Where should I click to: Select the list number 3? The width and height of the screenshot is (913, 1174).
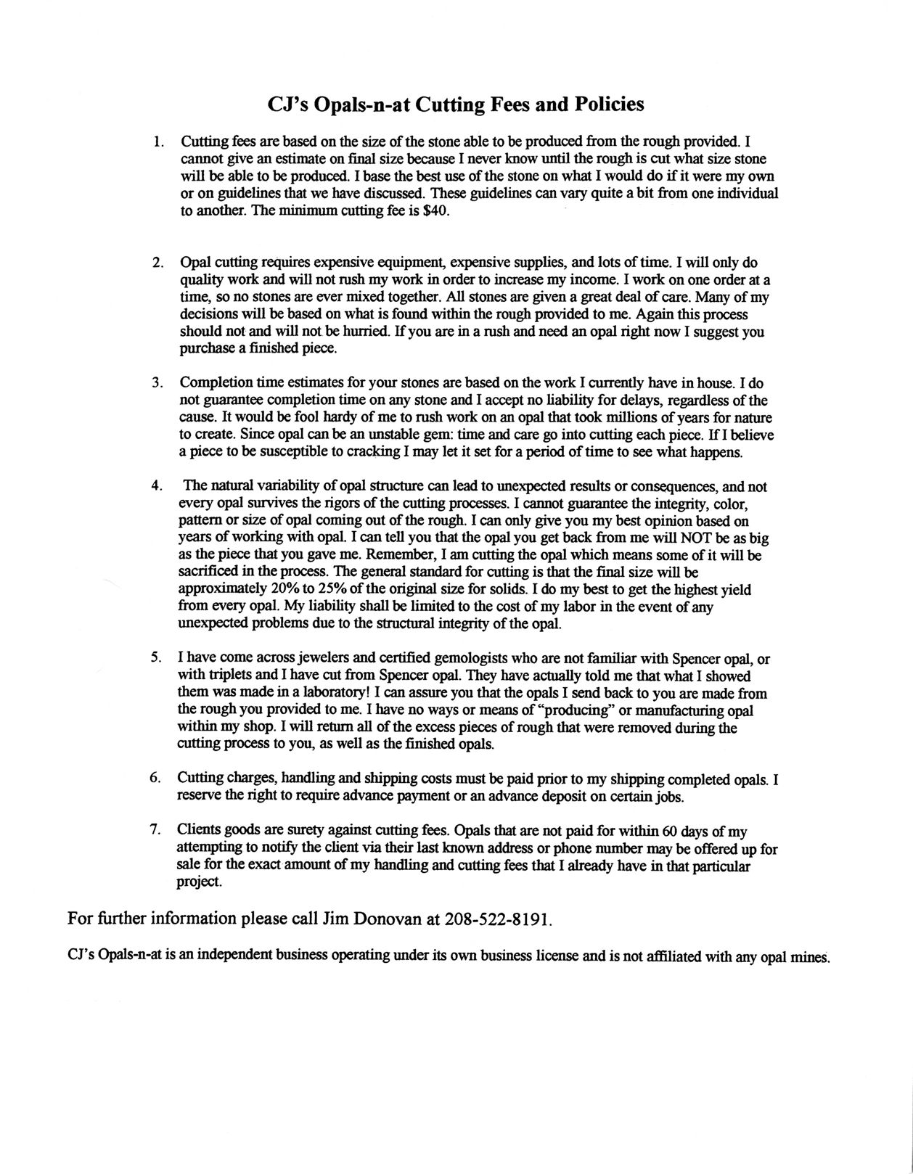tap(156, 382)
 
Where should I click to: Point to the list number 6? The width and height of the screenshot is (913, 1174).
tap(155, 778)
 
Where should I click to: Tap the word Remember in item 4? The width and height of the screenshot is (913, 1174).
tap(396, 555)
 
